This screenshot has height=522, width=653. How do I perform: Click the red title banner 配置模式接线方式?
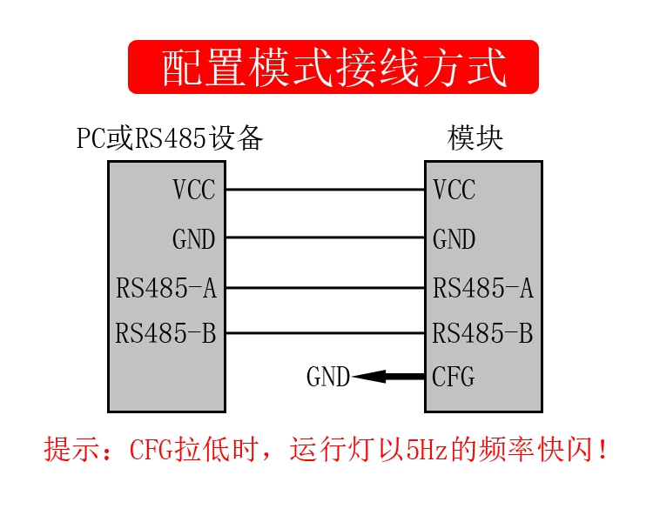click(333, 67)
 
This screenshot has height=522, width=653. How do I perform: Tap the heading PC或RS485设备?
click(170, 137)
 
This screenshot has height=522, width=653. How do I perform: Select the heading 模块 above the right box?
click(475, 137)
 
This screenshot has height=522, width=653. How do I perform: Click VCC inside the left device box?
click(194, 190)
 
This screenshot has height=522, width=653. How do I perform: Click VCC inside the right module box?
click(454, 190)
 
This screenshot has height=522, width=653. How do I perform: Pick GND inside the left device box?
click(194, 239)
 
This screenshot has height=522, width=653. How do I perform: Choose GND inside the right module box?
click(454, 239)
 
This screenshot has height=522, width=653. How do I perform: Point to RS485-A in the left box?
click(166, 288)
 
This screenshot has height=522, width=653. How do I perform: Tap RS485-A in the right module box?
click(483, 288)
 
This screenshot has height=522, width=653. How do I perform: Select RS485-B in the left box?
click(165, 333)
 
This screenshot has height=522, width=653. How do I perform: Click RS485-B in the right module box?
click(482, 333)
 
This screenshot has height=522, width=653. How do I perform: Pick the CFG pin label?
click(454, 377)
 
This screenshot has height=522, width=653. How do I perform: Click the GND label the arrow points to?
click(328, 377)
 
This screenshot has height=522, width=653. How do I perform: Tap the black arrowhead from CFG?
click(369, 377)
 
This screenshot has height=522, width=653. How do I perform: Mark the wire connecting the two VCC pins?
click(326, 190)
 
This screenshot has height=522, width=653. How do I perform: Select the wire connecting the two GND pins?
click(326, 238)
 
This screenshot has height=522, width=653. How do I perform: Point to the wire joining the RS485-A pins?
click(326, 288)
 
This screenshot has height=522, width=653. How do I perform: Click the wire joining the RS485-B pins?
click(326, 333)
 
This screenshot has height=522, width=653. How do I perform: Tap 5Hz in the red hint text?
click(427, 450)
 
